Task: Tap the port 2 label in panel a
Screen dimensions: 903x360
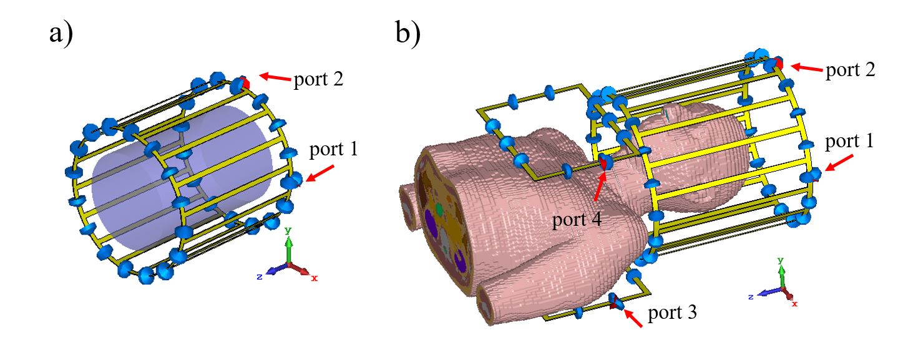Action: (318, 79)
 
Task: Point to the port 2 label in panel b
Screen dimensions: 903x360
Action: (851, 69)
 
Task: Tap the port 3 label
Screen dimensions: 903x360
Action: (672, 312)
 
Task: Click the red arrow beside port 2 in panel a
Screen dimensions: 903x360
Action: (275, 77)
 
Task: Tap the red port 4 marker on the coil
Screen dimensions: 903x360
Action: (603, 163)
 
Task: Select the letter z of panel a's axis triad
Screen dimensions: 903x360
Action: (258, 276)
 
